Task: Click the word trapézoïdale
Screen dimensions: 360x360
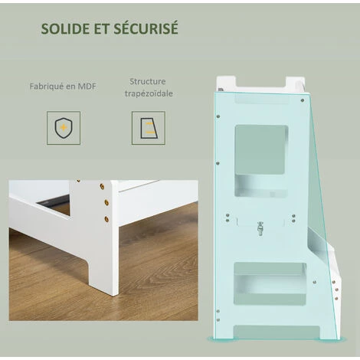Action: tap(148, 93)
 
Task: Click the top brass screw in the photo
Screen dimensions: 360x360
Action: tap(102, 186)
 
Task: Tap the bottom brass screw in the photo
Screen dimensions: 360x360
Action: tap(105, 220)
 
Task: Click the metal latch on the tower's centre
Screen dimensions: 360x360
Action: tap(260, 227)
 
